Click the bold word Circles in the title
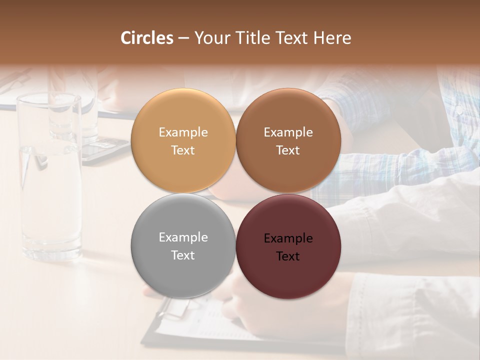(x=147, y=38)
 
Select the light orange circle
(x=183, y=140)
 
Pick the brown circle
(x=288, y=140)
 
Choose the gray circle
(x=183, y=245)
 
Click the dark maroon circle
(x=288, y=246)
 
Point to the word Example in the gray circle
(x=183, y=237)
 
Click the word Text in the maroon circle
(x=288, y=256)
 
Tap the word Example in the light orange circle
(x=183, y=132)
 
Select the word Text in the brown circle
(x=288, y=150)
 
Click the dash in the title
(x=183, y=38)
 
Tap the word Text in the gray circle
(x=183, y=255)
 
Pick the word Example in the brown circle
(x=288, y=132)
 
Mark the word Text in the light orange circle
(x=183, y=150)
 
